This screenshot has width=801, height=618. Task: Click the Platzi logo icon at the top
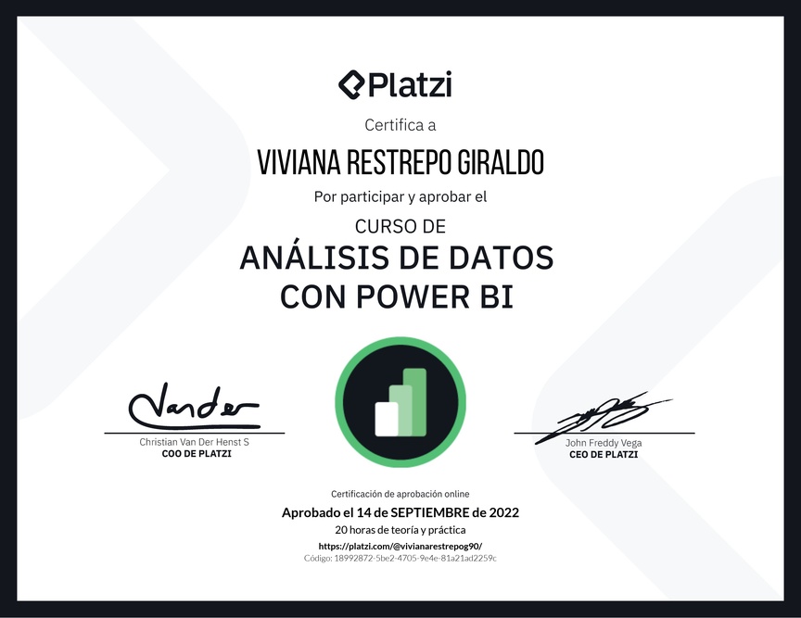click(351, 85)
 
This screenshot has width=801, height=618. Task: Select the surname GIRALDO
click(501, 162)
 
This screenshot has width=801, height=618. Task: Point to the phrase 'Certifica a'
click(400, 125)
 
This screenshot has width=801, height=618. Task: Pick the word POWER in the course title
click(413, 296)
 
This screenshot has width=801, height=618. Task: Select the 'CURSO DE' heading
click(400, 226)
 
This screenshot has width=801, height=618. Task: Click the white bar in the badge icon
click(387, 420)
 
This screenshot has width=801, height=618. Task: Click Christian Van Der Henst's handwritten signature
click(194, 407)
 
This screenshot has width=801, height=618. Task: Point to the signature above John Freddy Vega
click(603, 416)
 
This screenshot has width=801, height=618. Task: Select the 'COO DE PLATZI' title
click(197, 454)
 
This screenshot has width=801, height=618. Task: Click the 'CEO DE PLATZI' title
click(604, 455)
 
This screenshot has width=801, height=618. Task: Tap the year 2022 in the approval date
click(503, 512)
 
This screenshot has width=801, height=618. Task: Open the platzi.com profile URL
click(400, 546)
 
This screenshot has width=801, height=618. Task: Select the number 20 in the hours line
click(341, 530)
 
